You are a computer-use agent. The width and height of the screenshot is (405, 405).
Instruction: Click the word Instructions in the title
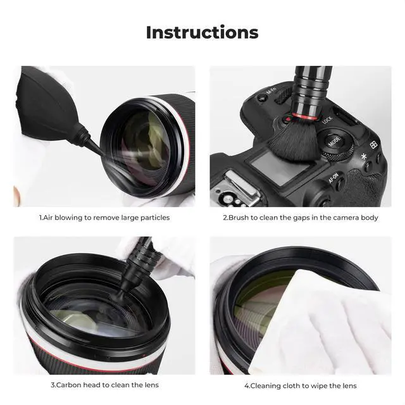pos(202,32)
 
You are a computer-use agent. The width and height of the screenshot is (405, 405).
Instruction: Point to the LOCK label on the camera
pos(327,120)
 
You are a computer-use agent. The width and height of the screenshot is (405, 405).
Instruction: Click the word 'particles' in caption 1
pos(153,217)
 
